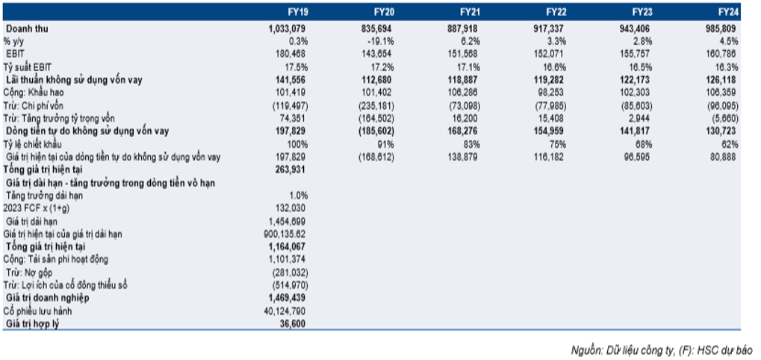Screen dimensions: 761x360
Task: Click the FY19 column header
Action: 296,12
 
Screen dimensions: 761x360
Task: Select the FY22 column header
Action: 555,12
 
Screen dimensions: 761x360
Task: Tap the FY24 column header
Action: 728,12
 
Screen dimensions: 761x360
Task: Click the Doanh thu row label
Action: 27,28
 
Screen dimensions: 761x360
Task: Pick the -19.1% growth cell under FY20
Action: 382,41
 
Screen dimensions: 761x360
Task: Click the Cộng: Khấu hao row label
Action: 34,93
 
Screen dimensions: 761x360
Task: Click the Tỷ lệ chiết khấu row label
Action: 33,145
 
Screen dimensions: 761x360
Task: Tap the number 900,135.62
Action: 284,235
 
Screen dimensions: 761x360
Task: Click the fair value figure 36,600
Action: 292,323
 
